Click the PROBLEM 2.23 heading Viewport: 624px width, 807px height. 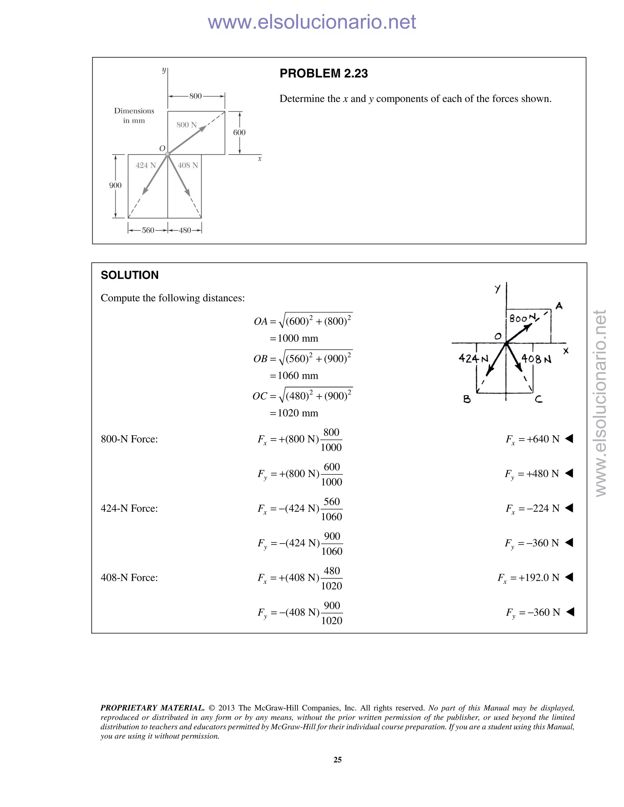tap(324, 73)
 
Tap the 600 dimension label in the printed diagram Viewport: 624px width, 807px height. tap(239, 132)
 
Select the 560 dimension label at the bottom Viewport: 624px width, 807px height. tap(148, 230)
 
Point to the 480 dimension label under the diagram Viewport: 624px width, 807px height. tap(185, 230)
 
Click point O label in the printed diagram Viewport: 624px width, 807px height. tap(162, 148)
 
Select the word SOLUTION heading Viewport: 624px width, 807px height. tap(129, 275)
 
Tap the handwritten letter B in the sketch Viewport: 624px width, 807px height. tap(467, 399)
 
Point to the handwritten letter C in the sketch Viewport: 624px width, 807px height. tap(539, 399)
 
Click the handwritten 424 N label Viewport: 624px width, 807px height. tap(473, 358)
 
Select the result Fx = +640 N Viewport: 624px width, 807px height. tap(532, 439)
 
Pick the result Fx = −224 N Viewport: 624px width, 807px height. tap(532, 509)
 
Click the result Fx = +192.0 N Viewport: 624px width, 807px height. tap(529, 577)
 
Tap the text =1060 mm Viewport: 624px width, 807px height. tap(294, 376)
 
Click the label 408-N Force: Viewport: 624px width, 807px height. tap(129, 577)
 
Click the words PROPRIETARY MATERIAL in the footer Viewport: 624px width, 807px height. tap(152, 708)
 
